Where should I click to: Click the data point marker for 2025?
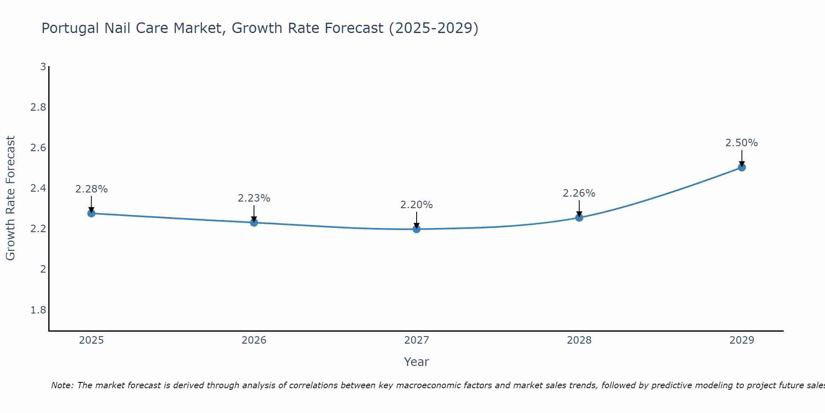point(91,214)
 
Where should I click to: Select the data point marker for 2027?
point(417,229)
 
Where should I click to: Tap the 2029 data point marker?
point(742,167)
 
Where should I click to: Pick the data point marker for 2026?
point(254,223)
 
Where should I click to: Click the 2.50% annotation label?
point(741,143)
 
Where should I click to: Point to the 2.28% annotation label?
point(91,189)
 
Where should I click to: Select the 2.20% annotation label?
point(416,205)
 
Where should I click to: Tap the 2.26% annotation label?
point(579,193)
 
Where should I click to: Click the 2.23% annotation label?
point(254,198)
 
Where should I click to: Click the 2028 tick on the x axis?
point(579,340)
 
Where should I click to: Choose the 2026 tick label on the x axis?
point(254,340)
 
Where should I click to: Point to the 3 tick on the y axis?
point(43,66)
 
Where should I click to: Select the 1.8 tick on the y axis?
point(38,310)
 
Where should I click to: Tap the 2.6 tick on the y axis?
point(38,148)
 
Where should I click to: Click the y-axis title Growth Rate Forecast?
point(10,198)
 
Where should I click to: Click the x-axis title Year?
point(416,362)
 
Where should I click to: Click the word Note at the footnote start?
point(61,385)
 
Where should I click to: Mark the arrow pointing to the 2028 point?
point(579,209)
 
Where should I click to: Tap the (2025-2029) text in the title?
point(434,28)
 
